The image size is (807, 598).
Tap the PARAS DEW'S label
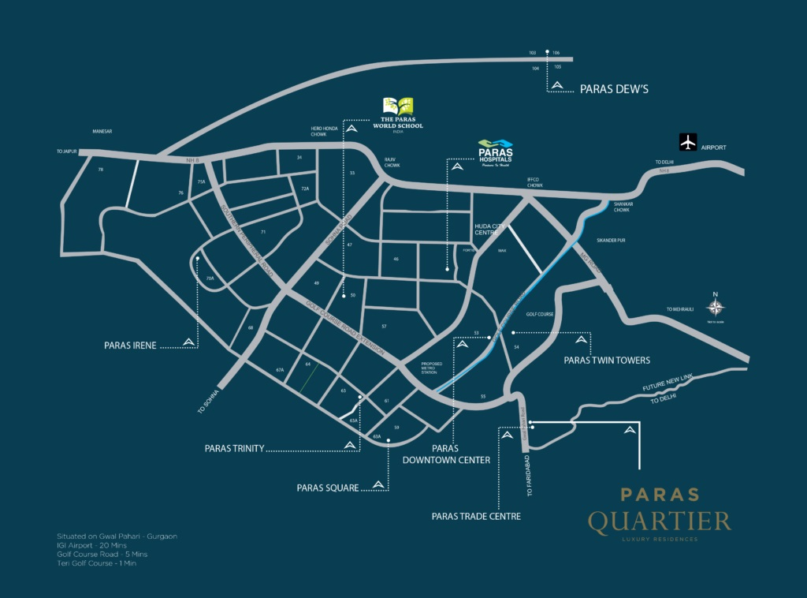[x=614, y=89]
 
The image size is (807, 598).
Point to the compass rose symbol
[x=716, y=308]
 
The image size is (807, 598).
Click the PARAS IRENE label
[x=130, y=346]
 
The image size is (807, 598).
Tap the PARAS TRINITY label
[x=234, y=449]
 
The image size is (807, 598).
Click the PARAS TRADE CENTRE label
[x=476, y=517]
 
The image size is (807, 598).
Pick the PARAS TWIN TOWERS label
[x=607, y=360]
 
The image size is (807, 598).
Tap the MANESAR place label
[x=103, y=131]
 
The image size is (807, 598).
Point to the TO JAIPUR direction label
[x=66, y=151]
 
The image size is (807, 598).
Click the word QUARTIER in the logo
[x=659, y=521]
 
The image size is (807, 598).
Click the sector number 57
[x=384, y=326]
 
